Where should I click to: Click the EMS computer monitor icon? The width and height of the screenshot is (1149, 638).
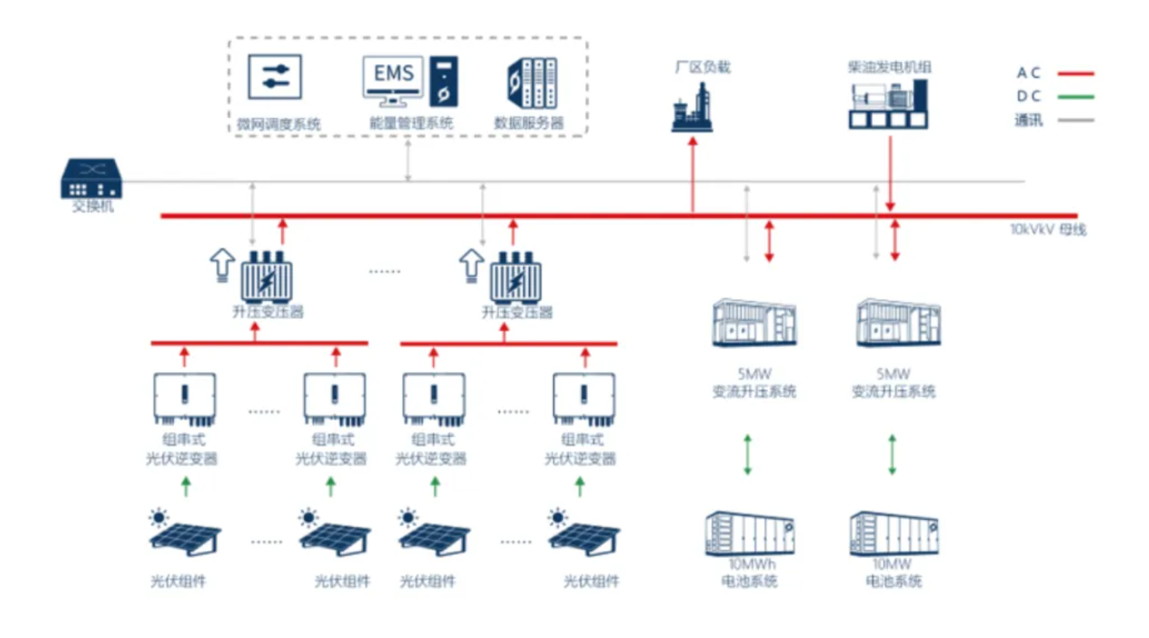point(393,79)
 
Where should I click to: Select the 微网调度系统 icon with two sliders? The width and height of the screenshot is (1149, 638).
point(275,77)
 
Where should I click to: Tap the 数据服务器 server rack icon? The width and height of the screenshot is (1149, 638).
point(532,82)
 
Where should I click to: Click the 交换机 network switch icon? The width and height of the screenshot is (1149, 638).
point(92,179)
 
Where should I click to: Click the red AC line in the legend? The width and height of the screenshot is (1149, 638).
point(1075,74)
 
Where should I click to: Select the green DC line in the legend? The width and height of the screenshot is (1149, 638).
point(1075,97)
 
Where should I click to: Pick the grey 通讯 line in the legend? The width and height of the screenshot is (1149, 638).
point(1075,120)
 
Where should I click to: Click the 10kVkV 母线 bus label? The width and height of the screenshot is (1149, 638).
point(1047,230)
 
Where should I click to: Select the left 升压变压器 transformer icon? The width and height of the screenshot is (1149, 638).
point(267,276)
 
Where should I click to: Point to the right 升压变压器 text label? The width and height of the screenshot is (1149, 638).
point(517,312)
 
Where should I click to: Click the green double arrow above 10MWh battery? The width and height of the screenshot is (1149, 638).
point(748,454)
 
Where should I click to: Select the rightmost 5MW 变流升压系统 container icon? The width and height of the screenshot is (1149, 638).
point(898,322)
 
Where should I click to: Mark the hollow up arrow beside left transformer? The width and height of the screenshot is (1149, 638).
point(223,264)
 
